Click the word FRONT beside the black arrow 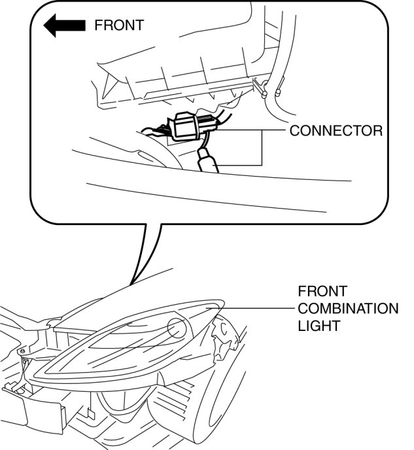click(x=118, y=26)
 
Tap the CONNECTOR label click(x=336, y=130)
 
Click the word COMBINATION click(x=347, y=308)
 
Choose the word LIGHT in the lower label click(x=319, y=325)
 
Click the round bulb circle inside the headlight click(x=179, y=326)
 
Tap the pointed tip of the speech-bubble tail click(x=130, y=285)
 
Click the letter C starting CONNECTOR click(x=294, y=130)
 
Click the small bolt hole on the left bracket click(x=24, y=360)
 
